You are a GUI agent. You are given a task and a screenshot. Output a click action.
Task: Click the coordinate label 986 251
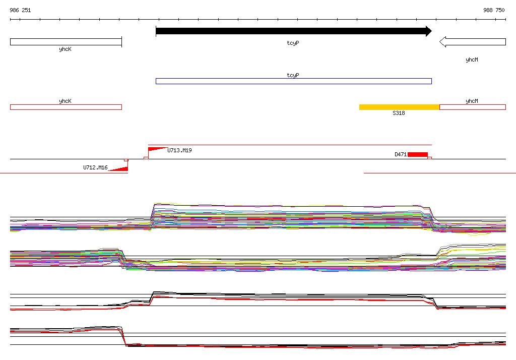tap(20, 10)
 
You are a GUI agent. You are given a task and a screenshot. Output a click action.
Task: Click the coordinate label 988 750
tap(494, 10)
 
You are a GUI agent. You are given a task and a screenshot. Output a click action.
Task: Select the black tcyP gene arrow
tap(294, 31)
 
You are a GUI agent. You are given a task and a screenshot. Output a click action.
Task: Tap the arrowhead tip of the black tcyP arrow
tap(431, 31)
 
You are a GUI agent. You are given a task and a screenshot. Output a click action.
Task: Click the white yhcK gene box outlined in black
tap(66, 42)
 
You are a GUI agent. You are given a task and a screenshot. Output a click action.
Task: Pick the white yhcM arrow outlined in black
tap(473, 42)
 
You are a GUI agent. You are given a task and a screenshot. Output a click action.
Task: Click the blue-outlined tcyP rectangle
tap(294, 81)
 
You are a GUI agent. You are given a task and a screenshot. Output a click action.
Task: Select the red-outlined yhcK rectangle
tap(66, 107)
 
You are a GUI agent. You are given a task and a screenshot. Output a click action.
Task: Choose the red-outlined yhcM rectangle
tap(473, 107)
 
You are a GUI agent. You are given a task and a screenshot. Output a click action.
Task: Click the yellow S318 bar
tap(399, 107)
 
